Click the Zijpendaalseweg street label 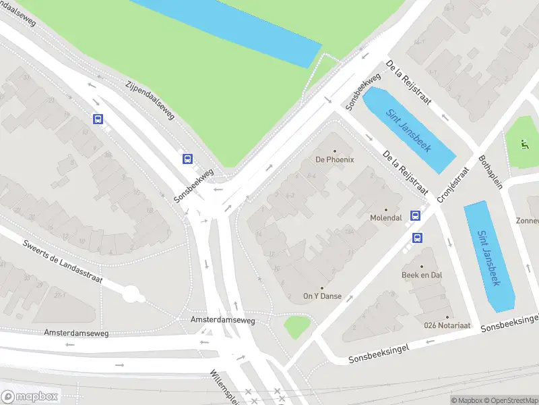click(150, 101)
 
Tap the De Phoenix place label click(335, 159)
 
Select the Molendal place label click(386, 218)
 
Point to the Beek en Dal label click(422, 275)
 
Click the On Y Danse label click(322, 296)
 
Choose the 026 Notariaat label click(447, 325)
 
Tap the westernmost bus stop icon click(98, 119)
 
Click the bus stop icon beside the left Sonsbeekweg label click(187, 159)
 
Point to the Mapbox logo click(30, 396)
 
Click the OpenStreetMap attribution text click(509, 400)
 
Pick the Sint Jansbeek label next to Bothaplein click(489, 258)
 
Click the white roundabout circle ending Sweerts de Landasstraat click(132, 294)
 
